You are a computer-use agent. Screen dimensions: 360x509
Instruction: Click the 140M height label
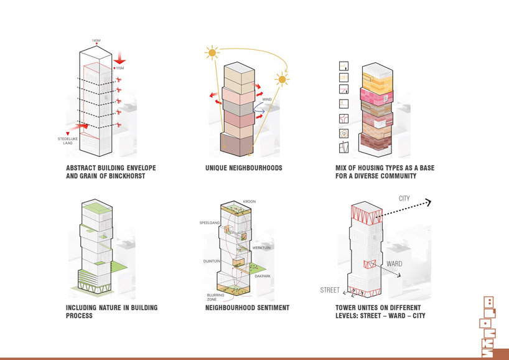coord(96,40)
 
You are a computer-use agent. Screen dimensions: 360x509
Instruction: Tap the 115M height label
coord(120,69)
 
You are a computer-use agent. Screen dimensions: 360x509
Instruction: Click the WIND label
coord(267,100)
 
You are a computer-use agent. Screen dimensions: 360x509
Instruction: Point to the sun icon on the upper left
coord(213,54)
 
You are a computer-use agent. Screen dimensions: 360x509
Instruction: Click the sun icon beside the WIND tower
coord(282,80)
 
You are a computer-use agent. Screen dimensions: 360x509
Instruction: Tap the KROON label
coord(250,202)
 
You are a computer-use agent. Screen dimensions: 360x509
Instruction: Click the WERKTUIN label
coord(261,248)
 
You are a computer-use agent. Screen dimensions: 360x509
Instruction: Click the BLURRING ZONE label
coord(217,297)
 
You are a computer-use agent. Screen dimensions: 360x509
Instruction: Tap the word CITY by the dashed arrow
coord(404,199)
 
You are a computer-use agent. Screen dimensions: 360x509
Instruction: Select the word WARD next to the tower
coord(395,263)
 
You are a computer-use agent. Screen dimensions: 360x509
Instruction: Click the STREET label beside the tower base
coord(330,290)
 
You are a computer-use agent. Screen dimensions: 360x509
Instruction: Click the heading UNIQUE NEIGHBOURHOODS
coord(243,168)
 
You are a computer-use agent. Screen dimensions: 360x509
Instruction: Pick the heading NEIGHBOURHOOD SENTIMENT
coord(247,308)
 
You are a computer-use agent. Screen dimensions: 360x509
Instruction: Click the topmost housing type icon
coord(343,66)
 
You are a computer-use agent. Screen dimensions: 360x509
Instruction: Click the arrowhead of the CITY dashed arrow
coord(427,202)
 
